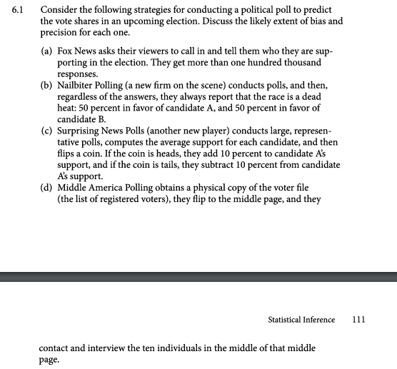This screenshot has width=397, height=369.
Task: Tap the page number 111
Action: tap(359, 320)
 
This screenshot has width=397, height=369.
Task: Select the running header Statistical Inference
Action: tap(301, 320)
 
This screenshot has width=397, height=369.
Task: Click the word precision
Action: tap(60, 33)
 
